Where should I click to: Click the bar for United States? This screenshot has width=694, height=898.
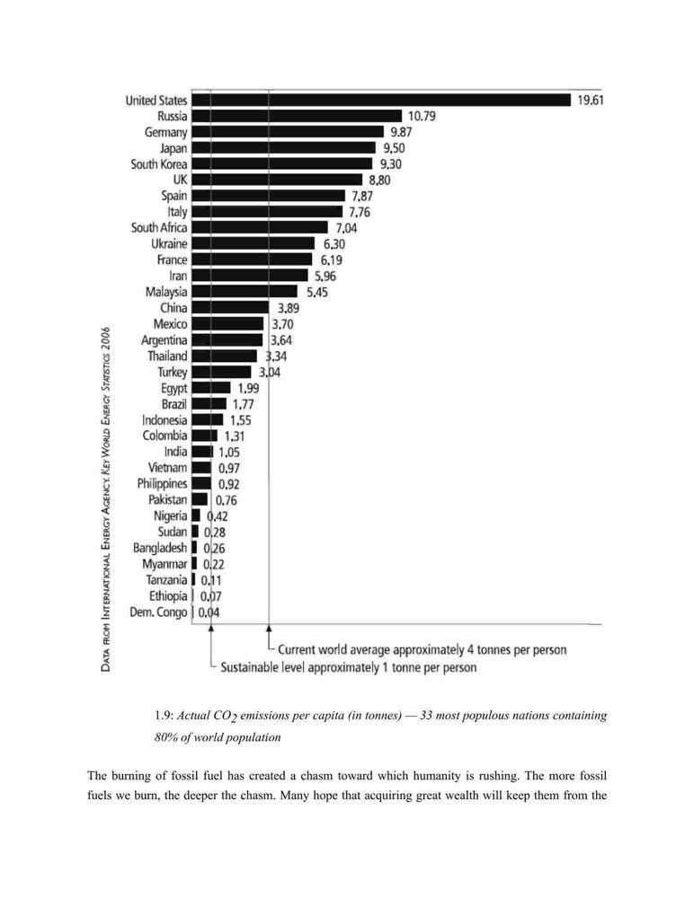pyautogui.click(x=381, y=101)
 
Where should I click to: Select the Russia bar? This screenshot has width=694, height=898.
pyautogui.click(x=297, y=116)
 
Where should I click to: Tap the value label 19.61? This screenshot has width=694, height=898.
pyautogui.click(x=591, y=101)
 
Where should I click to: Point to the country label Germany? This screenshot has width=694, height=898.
pyautogui.click(x=165, y=132)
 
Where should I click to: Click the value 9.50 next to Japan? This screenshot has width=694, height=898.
pyautogui.click(x=394, y=148)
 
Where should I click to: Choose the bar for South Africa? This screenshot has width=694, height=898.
pyautogui.click(x=260, y=228)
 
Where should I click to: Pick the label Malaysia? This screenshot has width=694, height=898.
pyautogui.click(x=166, y=292)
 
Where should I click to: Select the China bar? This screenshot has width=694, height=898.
pyautogui.click(x=230, y=307)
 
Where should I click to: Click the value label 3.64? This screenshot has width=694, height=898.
pyautogui.click(x=281, y=340)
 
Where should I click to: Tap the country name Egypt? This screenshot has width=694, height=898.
pyautogui.click(x=173, y=388)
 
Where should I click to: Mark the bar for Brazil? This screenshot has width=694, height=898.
pyautogui.click(x=209, y=404)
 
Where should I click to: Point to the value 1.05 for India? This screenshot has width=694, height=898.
pyautogui.click(x=229, y=453)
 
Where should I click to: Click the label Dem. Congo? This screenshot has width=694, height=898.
pyautogui.click(x=158, y=612)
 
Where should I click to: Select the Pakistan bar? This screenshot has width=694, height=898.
pyautogui.click(x=200, y=499)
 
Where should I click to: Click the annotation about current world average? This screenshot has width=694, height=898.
pyautogui.click(x=423, y=650)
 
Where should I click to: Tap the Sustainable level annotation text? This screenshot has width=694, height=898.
pyautogui.click(x=348, y=667)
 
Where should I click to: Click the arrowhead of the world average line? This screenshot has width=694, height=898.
pyautogui.click(x=269, y=629)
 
